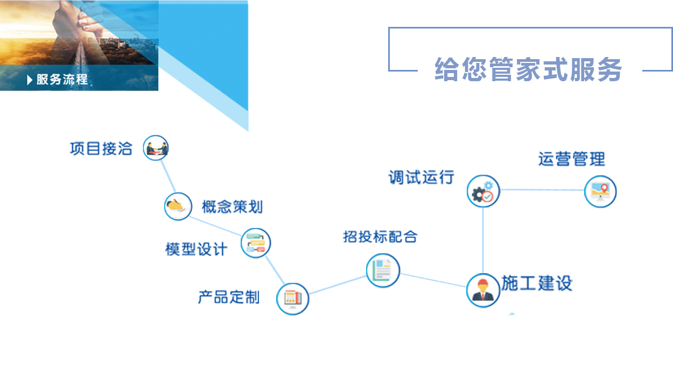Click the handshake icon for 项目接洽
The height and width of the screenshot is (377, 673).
tap(156, 148)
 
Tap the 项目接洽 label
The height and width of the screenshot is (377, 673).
tap(101, 148)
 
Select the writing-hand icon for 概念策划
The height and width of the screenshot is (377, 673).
tap(178, 206)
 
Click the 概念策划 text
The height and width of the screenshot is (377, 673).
tap(232, 207)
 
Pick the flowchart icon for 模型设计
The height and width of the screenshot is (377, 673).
tap(256, 243)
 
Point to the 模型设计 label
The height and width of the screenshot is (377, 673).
tap(196, 250)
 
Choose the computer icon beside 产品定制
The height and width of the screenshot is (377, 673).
tap(293, 299)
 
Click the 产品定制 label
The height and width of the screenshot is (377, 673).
tap(229, 297)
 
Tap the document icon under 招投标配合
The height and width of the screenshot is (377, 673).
tap(383, 271)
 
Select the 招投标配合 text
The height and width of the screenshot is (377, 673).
tap(380, 237)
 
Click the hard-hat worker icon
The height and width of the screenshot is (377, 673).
tap(483, 290)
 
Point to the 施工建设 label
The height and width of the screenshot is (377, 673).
tap(537, 283)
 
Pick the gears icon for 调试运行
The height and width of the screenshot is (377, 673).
tap(483, 191)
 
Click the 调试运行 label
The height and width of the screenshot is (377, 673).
tap(421, 177)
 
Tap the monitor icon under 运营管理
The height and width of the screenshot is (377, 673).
tap(600, 191)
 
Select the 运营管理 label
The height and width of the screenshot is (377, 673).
tap(571, 159)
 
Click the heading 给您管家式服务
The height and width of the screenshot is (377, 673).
tap(528, 69)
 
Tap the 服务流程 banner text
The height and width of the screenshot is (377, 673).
tap(62, 80)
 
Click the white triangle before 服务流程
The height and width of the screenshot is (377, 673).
tap(30, 80)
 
